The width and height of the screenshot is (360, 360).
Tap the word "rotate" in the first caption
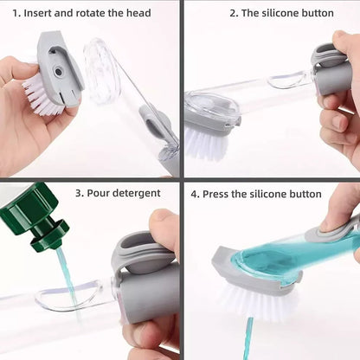97,13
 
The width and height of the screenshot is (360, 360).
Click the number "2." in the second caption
234,13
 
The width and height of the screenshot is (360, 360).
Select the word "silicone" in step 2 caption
289,13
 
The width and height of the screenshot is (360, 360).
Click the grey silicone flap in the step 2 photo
328,57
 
